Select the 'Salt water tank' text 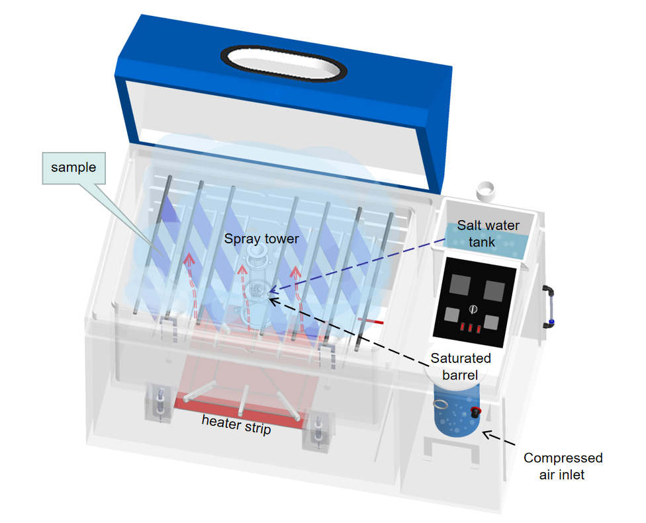click(x=488, y=233)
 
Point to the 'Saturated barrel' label click(x=461, y=366)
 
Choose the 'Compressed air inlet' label click(x=563, y=465)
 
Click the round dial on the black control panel click(x=473, y=309)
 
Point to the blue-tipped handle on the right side click(x=549, y=306)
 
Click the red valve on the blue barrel click(x=475, y=412)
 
